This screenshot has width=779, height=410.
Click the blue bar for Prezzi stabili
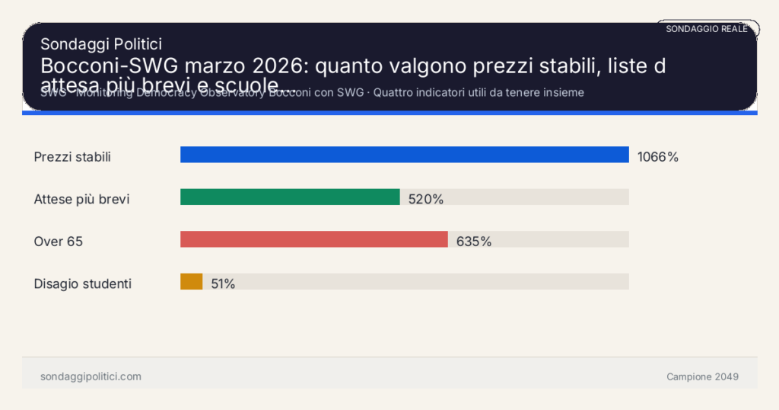404,155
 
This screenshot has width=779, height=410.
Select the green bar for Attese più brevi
290,197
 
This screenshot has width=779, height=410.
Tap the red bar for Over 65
313,239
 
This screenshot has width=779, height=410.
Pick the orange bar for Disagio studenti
192,281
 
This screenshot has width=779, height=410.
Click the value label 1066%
657,157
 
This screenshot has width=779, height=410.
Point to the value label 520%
426,200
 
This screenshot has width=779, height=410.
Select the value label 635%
474,242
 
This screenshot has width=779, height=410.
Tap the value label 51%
223,284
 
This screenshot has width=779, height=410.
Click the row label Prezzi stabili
72,157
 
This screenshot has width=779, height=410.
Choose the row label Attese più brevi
81,200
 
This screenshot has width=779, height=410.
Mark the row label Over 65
59,242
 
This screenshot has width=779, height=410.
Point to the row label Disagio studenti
83,284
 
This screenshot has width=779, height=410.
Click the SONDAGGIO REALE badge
707,29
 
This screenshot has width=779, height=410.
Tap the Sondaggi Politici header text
100,45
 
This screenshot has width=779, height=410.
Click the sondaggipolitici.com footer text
91,376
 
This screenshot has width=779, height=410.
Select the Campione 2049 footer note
702,376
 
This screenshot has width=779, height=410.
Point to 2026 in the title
281,66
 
